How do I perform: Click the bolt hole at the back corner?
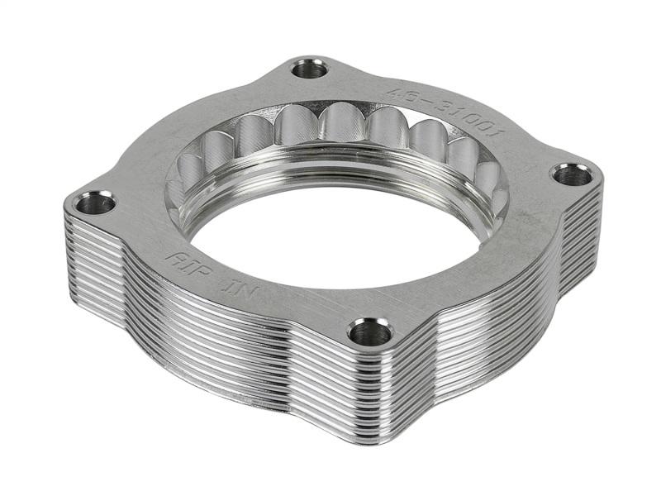coord(310,69)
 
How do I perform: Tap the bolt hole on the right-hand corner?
coord(571,174)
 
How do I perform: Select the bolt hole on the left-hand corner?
coord(97,202)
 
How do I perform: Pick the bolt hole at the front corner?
coord(369,332)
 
